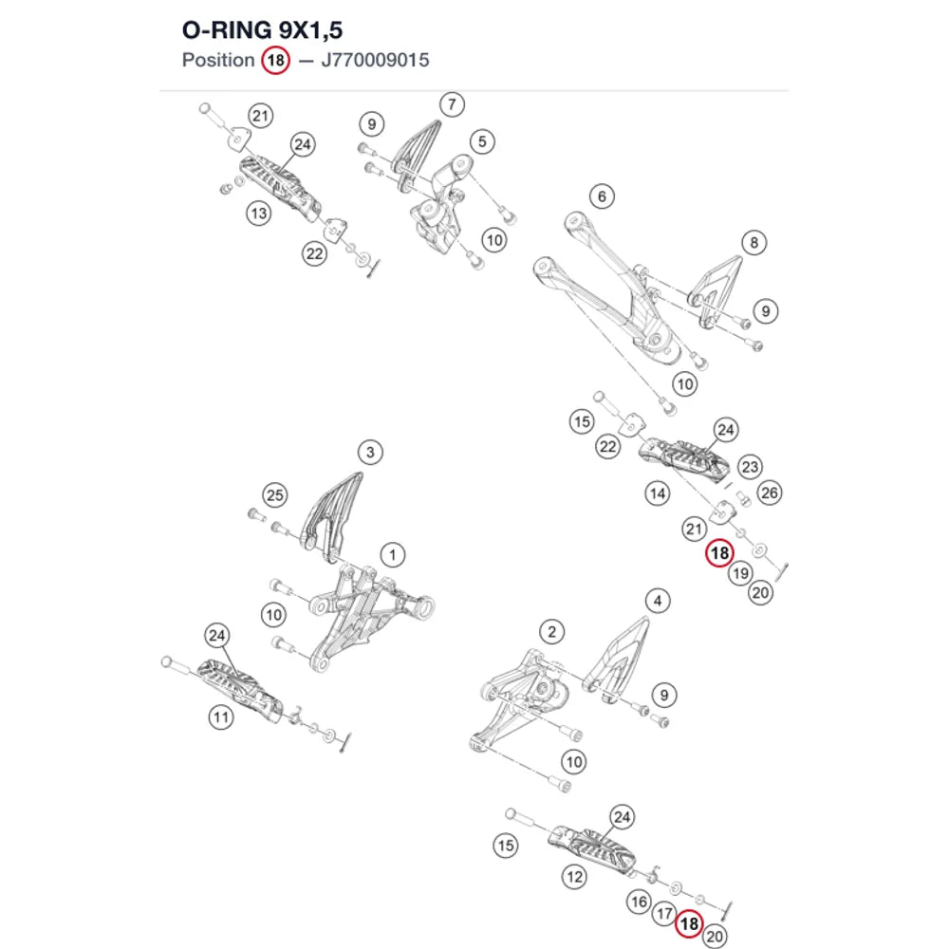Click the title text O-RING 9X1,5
click(x=262, y=30)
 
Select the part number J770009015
click(x=375, y=60)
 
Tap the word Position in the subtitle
click(x=218, y=60)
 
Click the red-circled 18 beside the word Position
click(x=275, y=61)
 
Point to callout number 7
click(x=452, y=104)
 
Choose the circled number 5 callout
click(x=482, y=141)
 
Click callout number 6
click(x=602, y=196)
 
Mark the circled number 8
click(x=754, y=243)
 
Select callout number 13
click(x=258, y=213)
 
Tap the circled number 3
click(x=370, y=452)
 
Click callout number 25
click(x=275, y=495)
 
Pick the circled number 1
click(x=393, y=554)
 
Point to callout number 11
click(x=221, y=717)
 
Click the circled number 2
click(x=552, y=632)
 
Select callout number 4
click(x=658, y=601)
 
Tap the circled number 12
click(x=574, y=876)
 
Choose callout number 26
click(x=770, y=493)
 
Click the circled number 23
click(x=750, y=467)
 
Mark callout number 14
click(x=658, y=493)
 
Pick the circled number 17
click(x=664, y=913)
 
